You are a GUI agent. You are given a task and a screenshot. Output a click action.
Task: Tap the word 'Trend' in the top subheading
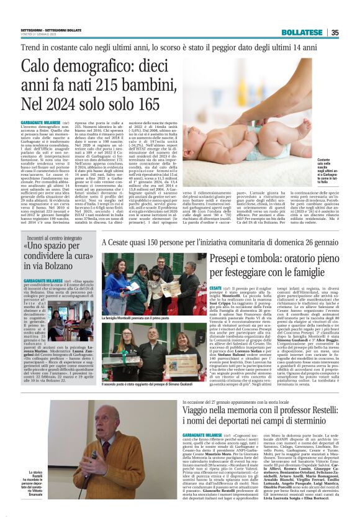[32, 47]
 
